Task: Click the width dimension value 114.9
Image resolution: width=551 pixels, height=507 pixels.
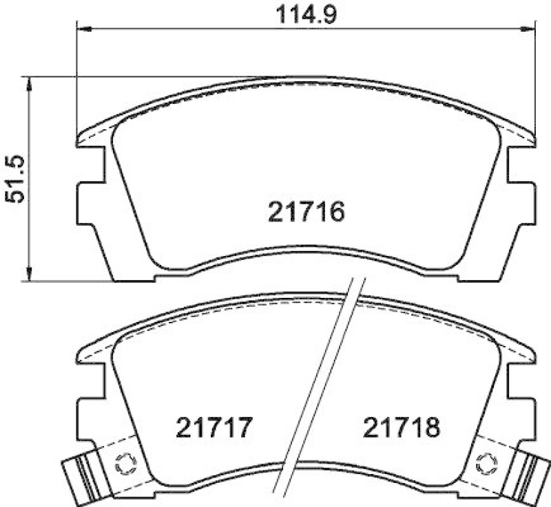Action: [306, 14]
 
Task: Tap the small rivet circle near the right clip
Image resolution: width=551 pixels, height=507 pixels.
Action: [487, 462]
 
